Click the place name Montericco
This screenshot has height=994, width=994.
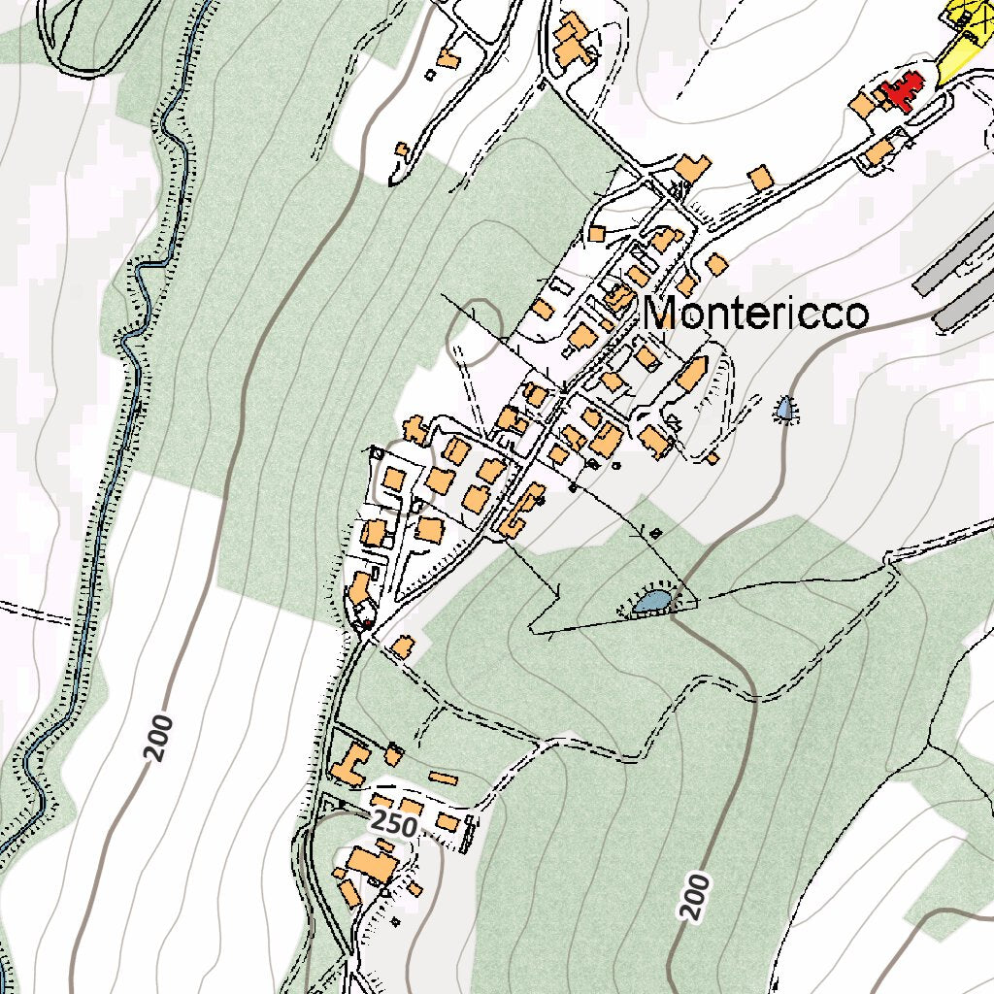(x=755, y=314)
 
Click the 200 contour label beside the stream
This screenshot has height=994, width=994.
(x=159, y=737)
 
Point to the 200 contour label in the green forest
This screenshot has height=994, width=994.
(x=695, y=895)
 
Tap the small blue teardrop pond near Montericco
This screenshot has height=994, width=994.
(x=784, y=410)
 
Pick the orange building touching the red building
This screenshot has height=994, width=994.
(x=862, y=104)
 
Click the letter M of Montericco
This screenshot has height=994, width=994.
(x=666, y=314)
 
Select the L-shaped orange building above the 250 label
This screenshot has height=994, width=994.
(x=348, y=764)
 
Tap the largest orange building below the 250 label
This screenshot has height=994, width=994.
(x=366, y=863)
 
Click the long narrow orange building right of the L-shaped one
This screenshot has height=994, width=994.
(x=443, y=779)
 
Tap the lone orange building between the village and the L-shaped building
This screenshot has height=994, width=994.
(x=401, y=646)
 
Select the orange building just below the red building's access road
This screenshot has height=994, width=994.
(x=879, y=151)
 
